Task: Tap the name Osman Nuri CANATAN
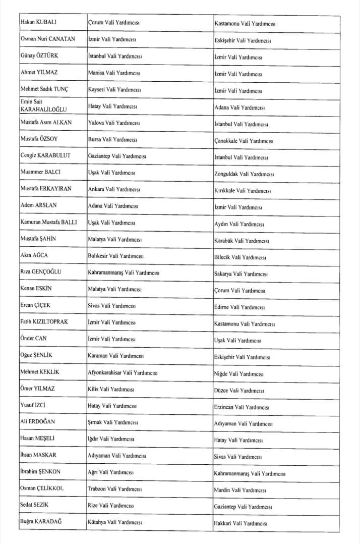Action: (45, 39)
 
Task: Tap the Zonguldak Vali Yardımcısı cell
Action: (244, 174)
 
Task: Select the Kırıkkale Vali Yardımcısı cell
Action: (243, 191)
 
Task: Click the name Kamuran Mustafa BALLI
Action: (48, 222)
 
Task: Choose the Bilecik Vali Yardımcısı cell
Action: (241, 257)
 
